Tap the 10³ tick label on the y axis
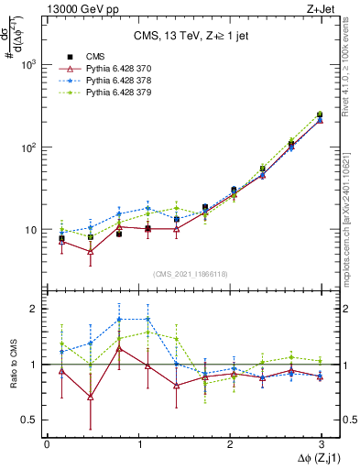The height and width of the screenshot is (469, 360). [x=28, y=65]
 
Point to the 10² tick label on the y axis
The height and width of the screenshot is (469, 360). [x=28, y=147]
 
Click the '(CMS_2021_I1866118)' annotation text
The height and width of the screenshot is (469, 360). [x=190, y=274]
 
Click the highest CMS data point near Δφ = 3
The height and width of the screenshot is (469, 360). [x=320, y=115]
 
